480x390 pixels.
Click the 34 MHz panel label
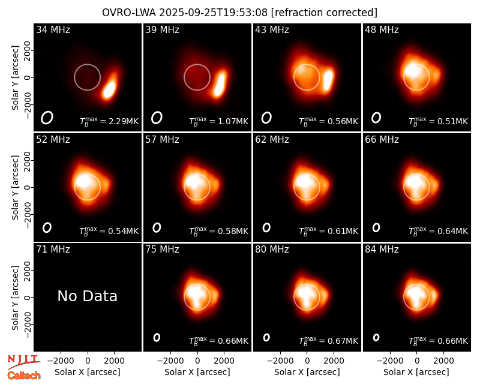(53, 29)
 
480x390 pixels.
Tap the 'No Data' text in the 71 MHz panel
(87, 296)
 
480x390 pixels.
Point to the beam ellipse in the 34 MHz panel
(47, 118)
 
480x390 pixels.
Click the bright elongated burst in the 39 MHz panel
(220, 83)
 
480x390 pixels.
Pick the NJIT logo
(23, 361)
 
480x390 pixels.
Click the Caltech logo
(24, 376)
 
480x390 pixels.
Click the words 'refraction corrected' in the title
(324, 13)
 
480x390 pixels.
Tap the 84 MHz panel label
(382, 250)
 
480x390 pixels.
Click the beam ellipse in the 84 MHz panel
(376, 337)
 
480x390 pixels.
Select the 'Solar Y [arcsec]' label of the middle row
(16, 187)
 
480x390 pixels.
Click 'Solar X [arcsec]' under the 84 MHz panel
(416, 372)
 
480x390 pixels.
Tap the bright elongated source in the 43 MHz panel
(328, 80)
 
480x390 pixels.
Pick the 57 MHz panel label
(162, 140)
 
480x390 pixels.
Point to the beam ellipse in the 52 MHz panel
(47, 227)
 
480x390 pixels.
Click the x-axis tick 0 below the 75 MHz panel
(197, 361)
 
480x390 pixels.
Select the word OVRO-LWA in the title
(129, 13)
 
